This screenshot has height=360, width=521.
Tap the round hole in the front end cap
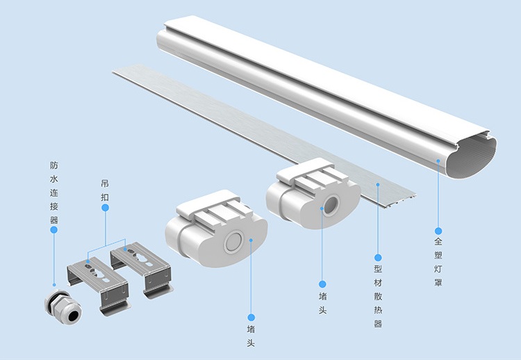point(233,244)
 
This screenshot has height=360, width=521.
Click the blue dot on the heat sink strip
point(378,184)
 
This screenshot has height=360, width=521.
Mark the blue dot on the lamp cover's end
point(438,160)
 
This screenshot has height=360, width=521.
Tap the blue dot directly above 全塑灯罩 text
point(438,230)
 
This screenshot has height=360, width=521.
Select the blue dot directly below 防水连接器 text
point(54,230)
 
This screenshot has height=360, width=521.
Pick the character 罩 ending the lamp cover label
point(438,283)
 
